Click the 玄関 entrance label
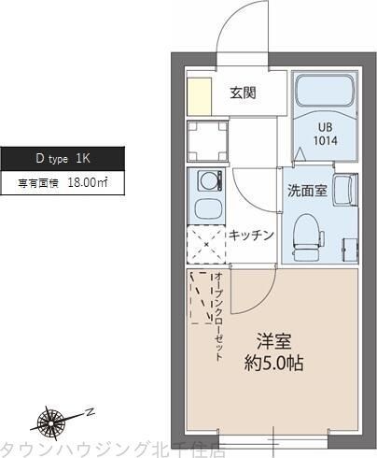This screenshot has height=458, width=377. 244,93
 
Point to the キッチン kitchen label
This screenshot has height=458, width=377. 251,235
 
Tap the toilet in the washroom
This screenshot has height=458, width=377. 304,234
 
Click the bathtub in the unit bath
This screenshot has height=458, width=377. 324,93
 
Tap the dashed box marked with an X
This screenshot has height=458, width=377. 206,246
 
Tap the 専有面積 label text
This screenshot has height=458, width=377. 37,184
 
